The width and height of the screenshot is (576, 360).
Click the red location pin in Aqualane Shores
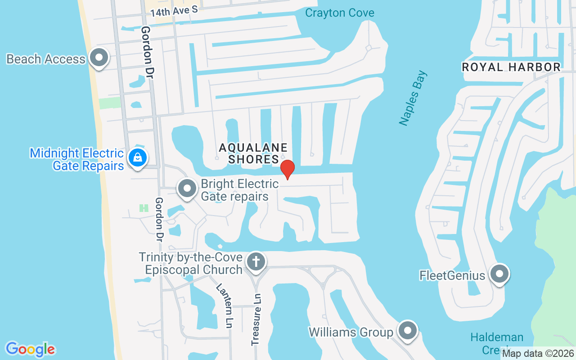pyautogui.click(x=287, y=169)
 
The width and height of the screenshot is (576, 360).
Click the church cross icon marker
pyautogui.click(x=256, y=261)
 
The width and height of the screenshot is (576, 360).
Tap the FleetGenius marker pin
pyautogui.click(x=499, y=274)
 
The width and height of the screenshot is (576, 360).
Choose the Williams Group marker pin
pyautogui.click(x=408, y=331)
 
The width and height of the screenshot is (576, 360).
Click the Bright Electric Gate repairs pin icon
pyautogui.click(x=187, y=189)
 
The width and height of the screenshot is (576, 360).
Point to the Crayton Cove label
pyautogui.click(x=339, y=13)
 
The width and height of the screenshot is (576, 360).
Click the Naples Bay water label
pyautogui.click(x=413, y=98)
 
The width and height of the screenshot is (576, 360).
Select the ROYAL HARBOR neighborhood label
pyautogui.click(x=511, y=67)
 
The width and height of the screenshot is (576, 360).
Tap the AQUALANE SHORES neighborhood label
pyautogui.click(x=253, y=153)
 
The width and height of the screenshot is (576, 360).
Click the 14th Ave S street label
pyautogui.click(x=174, y=12)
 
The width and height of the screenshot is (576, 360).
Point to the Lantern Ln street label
pyautogui.click(x=224, y=306)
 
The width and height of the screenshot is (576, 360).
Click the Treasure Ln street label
pyautogui.click(x=256, y=319)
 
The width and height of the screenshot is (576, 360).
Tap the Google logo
pyautogui.click(x=30, y=349)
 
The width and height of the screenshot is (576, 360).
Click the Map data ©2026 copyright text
pyautogui.click(x=538, y=353)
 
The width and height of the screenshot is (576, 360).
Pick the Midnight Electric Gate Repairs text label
pyautogui.click(x=76, y=159)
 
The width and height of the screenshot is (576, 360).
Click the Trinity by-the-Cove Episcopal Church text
pyautogui.click(x=190, y=263)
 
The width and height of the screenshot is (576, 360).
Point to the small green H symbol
pyautogui.click(x=144, y=208)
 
